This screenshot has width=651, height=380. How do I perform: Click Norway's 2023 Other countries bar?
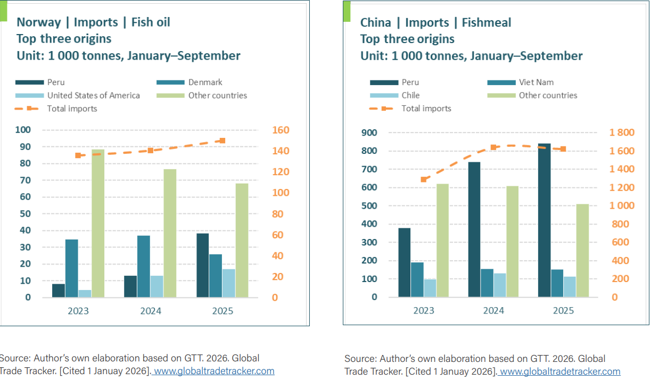[98, 224]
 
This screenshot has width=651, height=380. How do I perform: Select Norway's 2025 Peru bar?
[202, 265]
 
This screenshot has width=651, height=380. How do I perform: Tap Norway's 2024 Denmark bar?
[143, 266]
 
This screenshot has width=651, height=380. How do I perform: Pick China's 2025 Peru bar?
[544, 220]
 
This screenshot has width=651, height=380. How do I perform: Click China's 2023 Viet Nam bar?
[417, 279]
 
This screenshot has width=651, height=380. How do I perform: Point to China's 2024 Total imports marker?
[493, 147]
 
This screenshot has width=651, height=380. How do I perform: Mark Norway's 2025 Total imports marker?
[223, 141]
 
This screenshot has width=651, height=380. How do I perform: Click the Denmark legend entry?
[205, 82]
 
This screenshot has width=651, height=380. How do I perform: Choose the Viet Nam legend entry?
[536, 82]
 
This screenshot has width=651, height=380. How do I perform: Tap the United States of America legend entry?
[93, 96]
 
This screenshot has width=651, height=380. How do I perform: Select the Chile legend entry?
[410, 96]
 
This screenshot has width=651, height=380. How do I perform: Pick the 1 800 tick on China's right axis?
[622, 133]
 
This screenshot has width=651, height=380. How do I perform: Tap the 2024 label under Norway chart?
[151, 311]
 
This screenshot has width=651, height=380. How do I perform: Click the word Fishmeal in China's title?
[487, 22]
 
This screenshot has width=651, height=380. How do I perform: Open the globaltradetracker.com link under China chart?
[560, 371]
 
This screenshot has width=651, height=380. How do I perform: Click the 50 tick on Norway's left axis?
[25, 214]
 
